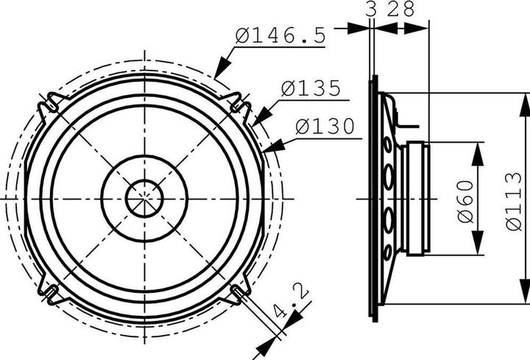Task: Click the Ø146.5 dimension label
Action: (280, 35)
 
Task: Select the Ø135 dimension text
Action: (311, 89)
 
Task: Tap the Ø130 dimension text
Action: (325, 127)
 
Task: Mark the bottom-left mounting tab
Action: (50, 293)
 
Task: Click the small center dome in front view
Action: (144, 198)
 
